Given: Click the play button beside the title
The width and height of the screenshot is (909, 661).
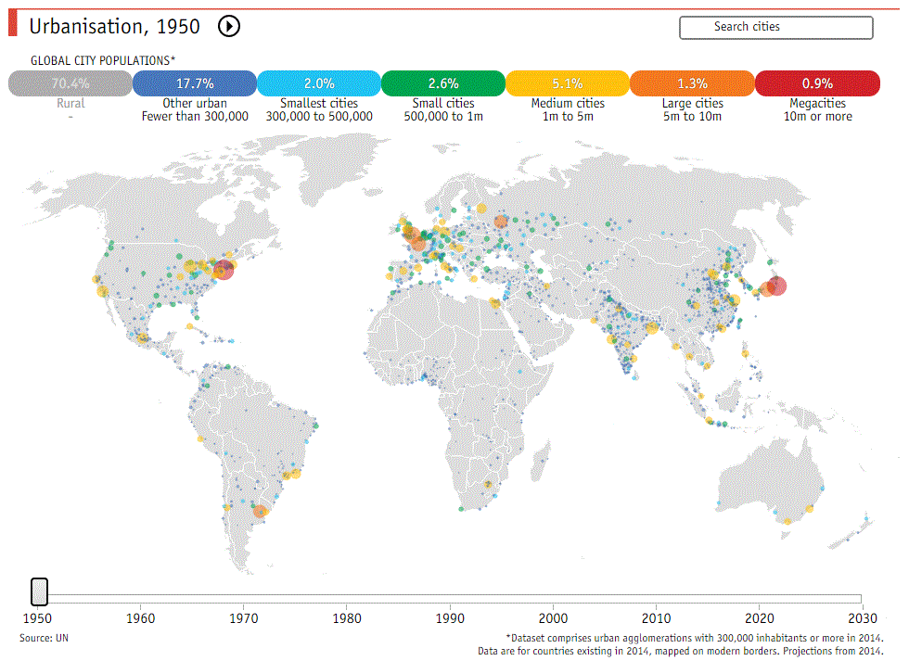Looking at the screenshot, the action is click(229, 26).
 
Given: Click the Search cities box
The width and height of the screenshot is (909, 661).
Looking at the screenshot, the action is click(775, 27).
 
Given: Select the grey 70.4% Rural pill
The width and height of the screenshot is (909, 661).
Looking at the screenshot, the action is click(70, 83).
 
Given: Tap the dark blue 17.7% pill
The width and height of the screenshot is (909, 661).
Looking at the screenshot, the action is click(195, 83).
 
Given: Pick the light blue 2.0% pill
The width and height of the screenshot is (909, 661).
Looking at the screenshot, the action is click(319, 83).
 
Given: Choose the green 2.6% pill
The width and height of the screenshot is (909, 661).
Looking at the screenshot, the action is click(443, 83).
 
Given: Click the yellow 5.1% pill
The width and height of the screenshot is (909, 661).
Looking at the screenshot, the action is click(568, 83).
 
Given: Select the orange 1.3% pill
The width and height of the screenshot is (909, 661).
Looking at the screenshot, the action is click(692, 83).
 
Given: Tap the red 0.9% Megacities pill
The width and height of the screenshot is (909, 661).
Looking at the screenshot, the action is click(817, 83).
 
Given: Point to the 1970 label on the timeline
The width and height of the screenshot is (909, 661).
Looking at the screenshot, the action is click(243, 618).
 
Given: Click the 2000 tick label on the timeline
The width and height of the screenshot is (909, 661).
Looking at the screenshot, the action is click(553, 618).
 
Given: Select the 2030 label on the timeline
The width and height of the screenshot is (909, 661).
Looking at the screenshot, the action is click(863, 618).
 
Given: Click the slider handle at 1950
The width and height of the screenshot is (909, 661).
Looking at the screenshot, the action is click(39, 591).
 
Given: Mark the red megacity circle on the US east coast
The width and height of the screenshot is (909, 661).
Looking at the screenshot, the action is click(224, 270).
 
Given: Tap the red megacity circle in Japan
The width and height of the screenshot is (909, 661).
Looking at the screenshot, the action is click(777, 286).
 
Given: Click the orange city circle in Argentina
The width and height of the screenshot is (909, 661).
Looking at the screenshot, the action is click(261, 512).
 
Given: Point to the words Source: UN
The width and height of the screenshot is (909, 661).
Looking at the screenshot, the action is click(45, 638).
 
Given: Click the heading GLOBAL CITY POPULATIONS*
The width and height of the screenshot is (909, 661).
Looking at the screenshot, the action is click(103, 60).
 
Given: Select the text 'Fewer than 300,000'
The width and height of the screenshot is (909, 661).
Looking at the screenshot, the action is click(195, 117).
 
